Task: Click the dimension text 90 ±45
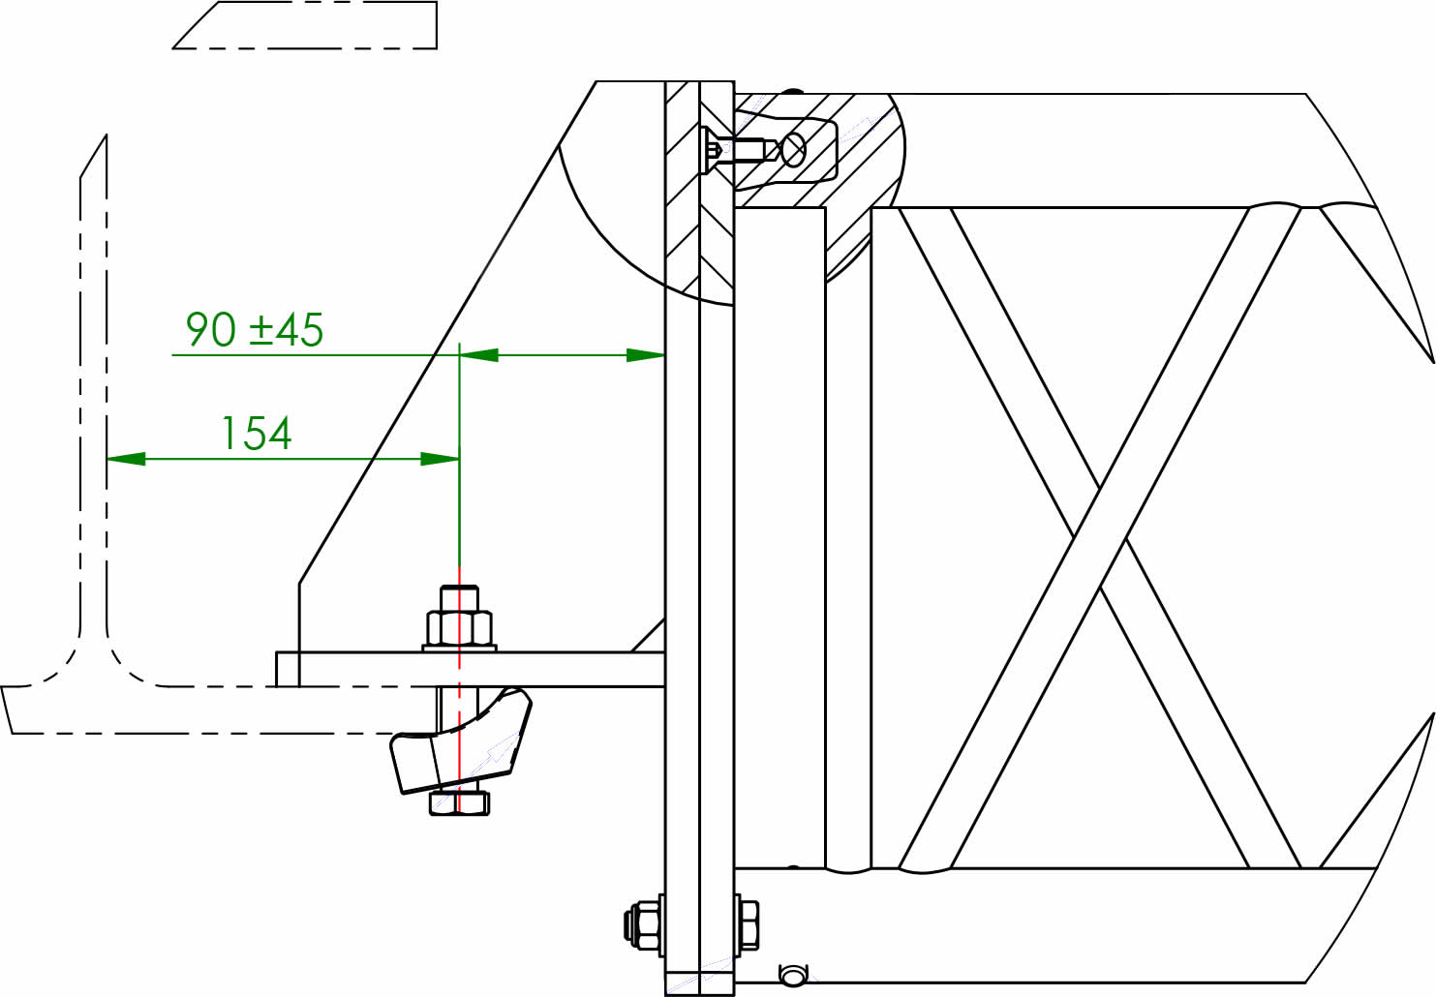tap(255, 330)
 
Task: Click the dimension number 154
tap(256, 433)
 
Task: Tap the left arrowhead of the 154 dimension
tap(126, 459)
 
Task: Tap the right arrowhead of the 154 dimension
tap(440, 459)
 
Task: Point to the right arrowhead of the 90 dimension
tap(646, 355)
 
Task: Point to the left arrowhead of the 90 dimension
tap(479, 355)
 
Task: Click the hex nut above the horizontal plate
tap(459, 628)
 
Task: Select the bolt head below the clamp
tap(459, 802)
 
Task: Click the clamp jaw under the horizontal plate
tap(460, 740)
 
